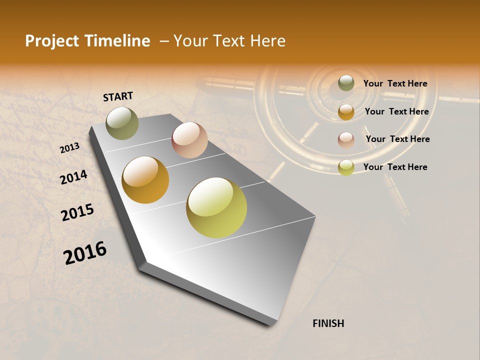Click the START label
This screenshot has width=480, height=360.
coord(118,96)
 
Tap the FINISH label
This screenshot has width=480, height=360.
coord(328,323)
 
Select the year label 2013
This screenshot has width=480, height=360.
coord(70,148)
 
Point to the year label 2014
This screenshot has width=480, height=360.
coord(74,177)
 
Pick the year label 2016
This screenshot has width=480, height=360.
coord(85,252)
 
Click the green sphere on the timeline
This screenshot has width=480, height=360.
coord(122,123)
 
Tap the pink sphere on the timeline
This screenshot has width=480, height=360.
coord(189,140)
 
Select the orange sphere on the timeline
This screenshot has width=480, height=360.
coord(145,180)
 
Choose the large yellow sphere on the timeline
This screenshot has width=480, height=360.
coord(216,207)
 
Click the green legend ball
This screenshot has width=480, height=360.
coord(346,83)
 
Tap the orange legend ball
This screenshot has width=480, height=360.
coord(346,112)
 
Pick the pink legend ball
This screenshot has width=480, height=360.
coord(346,139)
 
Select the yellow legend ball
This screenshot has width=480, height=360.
coord(346,167)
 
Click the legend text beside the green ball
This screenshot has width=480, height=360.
coord(395,83)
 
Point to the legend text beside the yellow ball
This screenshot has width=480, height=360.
coord(395,167)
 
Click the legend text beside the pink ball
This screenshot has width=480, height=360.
coord(397,139)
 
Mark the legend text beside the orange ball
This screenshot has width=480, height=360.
coord(396,111)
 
